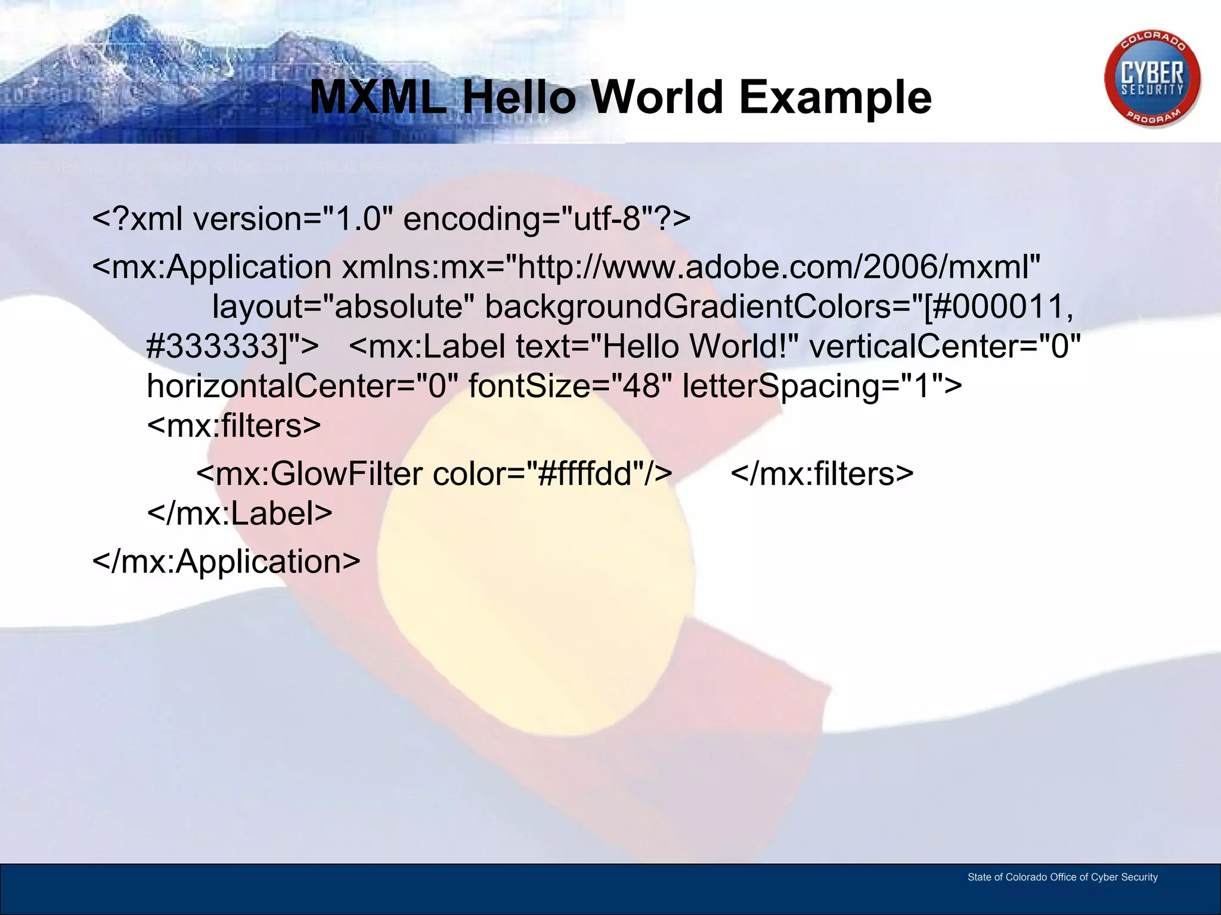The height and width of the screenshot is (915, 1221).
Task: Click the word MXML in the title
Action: click(x=378, y=97)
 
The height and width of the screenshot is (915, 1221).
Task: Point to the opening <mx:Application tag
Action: click(x=212, y=267)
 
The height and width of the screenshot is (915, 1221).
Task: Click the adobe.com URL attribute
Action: click(x=778, y=267)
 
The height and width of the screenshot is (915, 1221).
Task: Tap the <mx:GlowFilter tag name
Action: click(x=310, y=474)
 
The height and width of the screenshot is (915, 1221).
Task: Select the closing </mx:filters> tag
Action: click(x=822, y=474)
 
